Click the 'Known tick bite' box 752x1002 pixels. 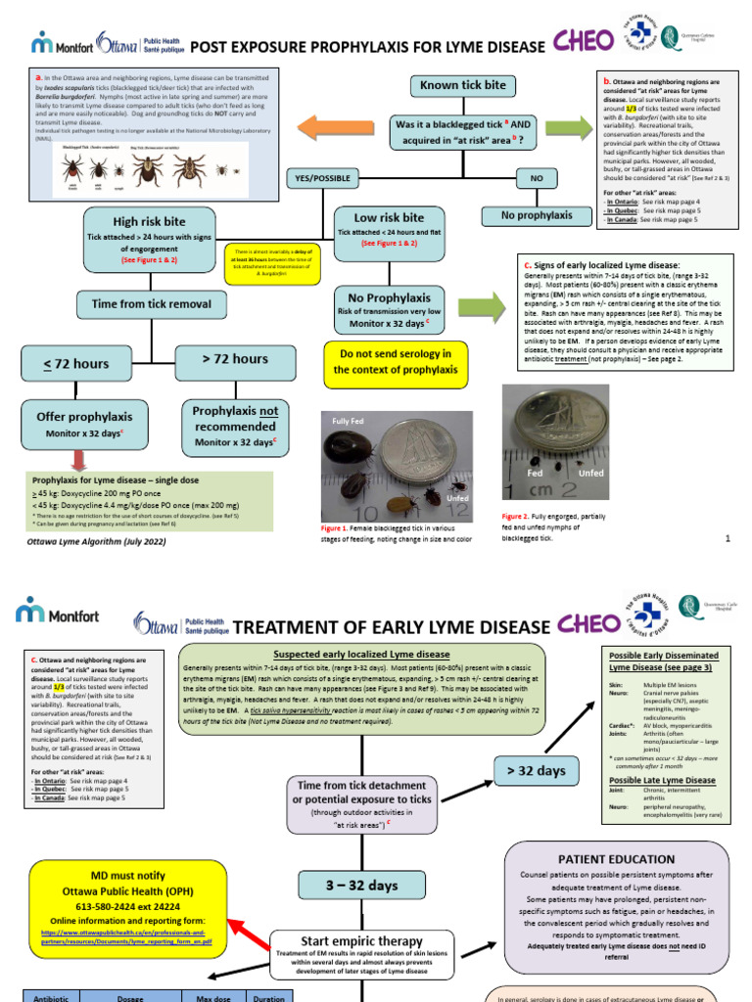463,85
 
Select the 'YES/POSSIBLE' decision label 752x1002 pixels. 318,178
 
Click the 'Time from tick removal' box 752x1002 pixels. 151,304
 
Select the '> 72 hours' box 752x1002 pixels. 235,359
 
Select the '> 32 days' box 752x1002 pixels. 536,770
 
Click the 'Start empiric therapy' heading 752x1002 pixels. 361,942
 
